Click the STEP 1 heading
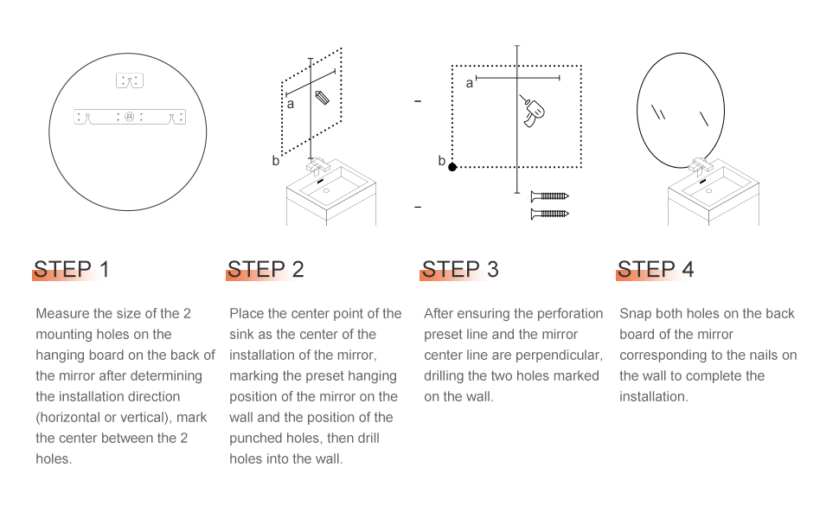coord(72,269)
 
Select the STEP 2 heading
coord(266,269)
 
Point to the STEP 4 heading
coord(656,269)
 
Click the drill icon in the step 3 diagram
coord(532,112)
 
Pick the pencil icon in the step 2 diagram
coord(322,98)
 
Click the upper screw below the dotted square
coord(549,196)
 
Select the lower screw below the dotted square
coord(549,214)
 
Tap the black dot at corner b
coord(452,168)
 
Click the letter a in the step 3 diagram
coord(470,83)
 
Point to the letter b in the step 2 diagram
coord(276,160)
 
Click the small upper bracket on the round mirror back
coord(130,80)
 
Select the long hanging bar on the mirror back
coord(130,117)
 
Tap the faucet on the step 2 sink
coord(317,166)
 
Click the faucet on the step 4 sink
coord(701,166)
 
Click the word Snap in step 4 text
coord(635,313)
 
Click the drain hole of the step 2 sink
coord(326,190)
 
